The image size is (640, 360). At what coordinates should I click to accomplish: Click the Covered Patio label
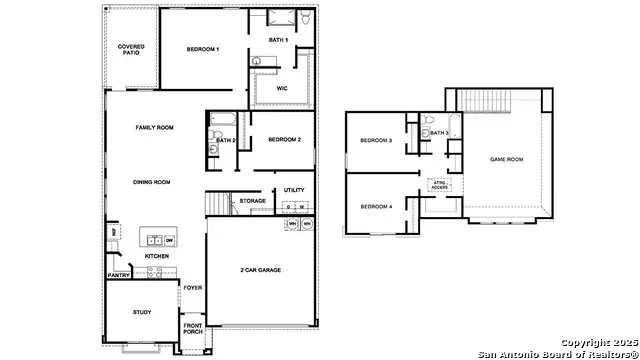click(x=131, y=50)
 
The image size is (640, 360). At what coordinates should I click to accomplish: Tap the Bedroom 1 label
click(x=203, y=49)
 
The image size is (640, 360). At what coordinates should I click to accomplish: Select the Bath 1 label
click(x=278, y=40)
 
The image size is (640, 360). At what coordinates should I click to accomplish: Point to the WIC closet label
click(x=282, y=88)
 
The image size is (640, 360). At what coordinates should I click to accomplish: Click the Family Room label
click(x=155, y=128)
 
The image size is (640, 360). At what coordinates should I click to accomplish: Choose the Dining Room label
click(x=152, y=182)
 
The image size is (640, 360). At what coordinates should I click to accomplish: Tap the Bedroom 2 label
click(x=284, y=139)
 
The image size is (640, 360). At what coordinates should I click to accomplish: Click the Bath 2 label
click(x=226, y=140)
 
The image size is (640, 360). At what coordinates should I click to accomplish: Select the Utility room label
click(x=294, y=189)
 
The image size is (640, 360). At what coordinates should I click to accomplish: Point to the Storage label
click(x=253, y=201)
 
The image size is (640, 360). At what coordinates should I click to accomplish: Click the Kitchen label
click(x=157, y=257)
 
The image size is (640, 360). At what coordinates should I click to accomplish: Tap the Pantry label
click(x=118, y=275)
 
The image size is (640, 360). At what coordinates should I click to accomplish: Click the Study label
click(x=142, y=313)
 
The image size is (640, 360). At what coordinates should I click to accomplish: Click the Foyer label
click(x=193, y=288)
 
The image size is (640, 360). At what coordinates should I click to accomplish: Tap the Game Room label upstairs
click(x=507, y=160)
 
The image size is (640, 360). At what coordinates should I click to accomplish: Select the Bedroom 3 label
click(x=376, y=140)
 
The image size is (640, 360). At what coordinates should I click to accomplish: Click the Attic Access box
click(x=439, y=185)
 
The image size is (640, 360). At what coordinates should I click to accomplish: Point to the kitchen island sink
click(x=152, y=240)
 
